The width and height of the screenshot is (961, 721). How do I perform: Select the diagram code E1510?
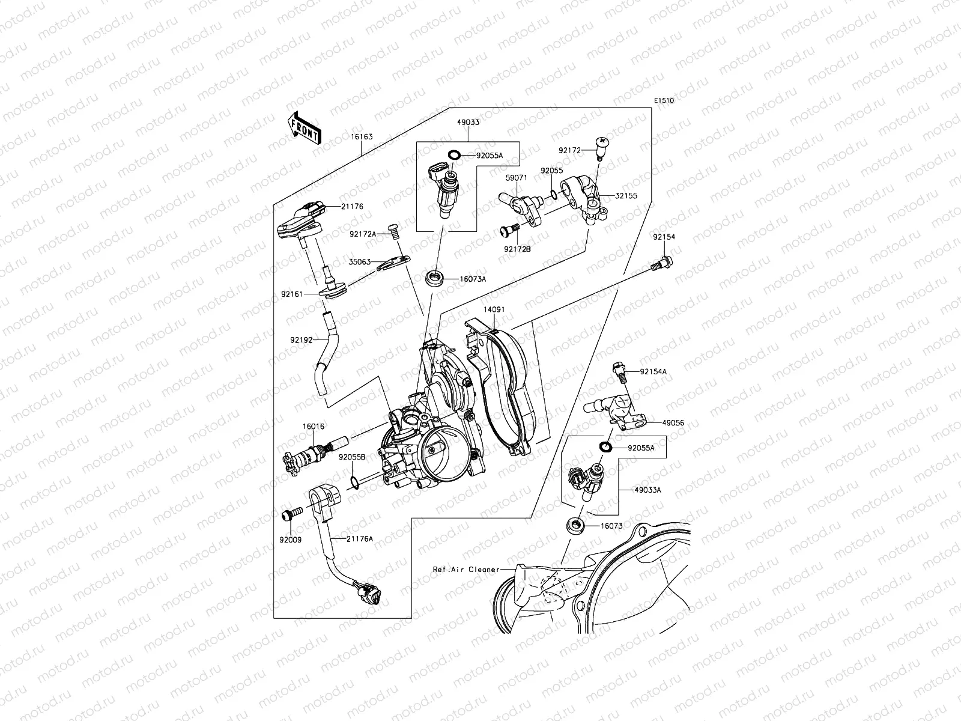point(664,101)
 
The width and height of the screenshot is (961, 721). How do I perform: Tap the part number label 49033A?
point(647,490)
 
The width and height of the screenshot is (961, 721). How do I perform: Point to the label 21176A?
point(359,538)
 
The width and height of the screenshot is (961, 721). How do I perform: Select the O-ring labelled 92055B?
point(355,481)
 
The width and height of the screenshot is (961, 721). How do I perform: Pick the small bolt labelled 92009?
point(291,515)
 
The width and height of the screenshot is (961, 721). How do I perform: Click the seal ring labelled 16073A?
point(434,278)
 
